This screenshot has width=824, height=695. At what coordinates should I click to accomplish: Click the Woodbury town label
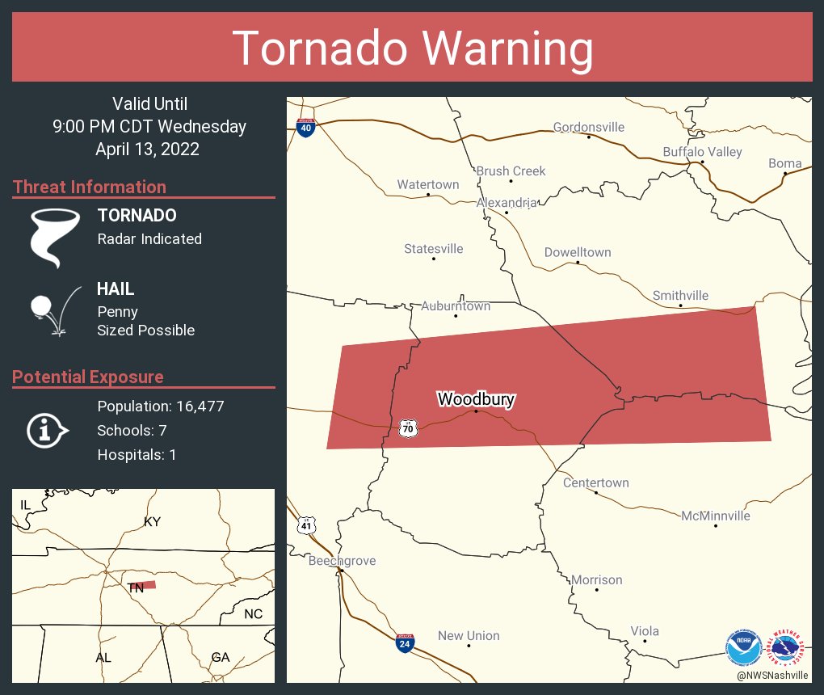(x=476, y=399)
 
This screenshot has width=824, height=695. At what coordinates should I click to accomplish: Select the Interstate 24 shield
(x=406, y=643)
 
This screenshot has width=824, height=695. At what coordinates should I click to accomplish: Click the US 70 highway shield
(x=409, y=429)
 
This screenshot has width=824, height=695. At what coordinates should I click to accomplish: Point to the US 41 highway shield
(x=305, y=524)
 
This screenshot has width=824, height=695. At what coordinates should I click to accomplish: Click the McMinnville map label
(x=715, y=516)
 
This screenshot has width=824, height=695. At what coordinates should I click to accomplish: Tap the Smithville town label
(x=680, y=295)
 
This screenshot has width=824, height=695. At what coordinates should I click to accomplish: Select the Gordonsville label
(x=588, y=127)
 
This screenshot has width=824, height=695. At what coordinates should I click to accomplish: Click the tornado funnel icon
(x=54, y=237)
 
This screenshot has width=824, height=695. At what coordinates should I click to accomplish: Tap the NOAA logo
(x=743, y=647)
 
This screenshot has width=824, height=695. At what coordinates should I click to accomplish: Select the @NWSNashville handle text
(x=772, y=675)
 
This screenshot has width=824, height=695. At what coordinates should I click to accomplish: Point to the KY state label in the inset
(x=152, y=521)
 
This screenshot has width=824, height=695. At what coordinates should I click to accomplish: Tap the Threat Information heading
(x=90, y=187)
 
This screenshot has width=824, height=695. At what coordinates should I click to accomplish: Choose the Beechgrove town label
(x=342, y=561)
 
